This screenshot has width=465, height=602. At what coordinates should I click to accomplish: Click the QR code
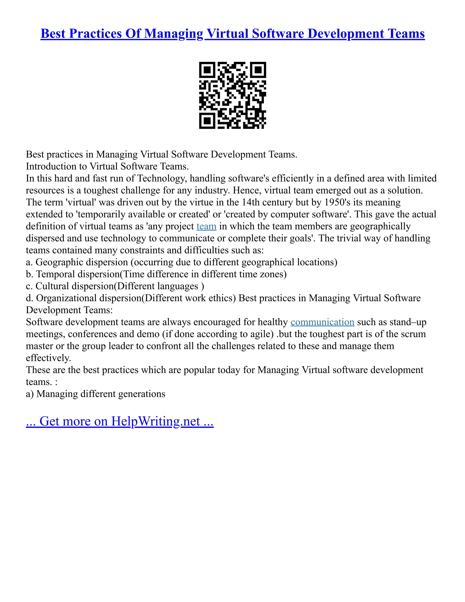(232, 95)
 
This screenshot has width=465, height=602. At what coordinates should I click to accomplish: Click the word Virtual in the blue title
(228, 34)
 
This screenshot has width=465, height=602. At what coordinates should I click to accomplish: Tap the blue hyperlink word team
(206, 226)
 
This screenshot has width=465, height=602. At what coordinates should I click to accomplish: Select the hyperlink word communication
(322, 322)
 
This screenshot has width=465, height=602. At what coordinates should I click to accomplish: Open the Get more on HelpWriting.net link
(120, 421)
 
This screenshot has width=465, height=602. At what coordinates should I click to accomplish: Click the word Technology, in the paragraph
(162, 178)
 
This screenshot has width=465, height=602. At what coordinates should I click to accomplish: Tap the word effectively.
(49, 358)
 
